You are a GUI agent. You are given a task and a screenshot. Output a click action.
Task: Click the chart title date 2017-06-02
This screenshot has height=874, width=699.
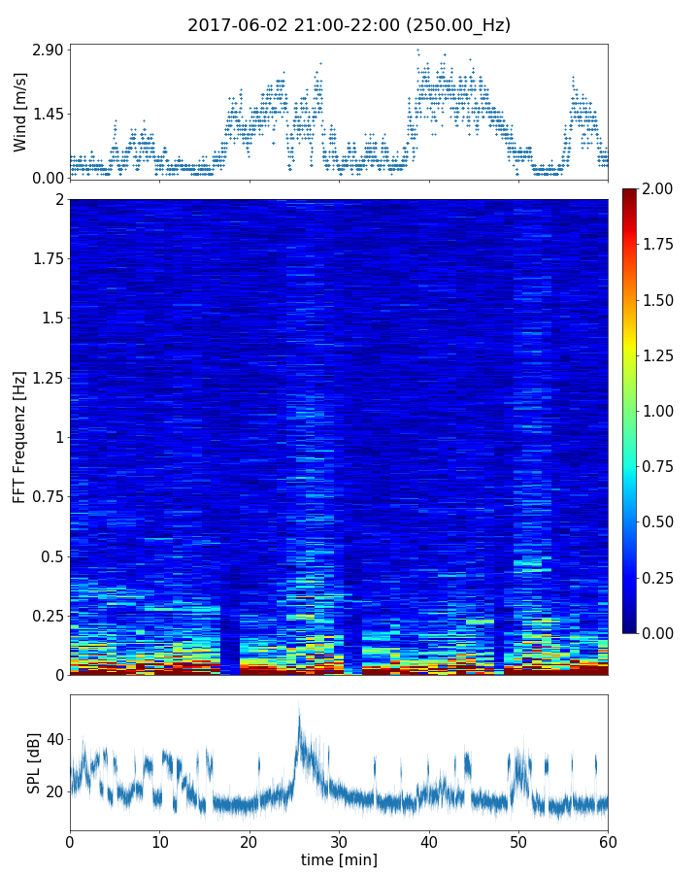[x=233, y=25]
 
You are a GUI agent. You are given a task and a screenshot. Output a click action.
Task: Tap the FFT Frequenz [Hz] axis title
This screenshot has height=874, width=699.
[x=20, y=437]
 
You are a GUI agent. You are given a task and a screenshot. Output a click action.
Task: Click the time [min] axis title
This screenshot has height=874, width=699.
[x=339, y=859]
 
